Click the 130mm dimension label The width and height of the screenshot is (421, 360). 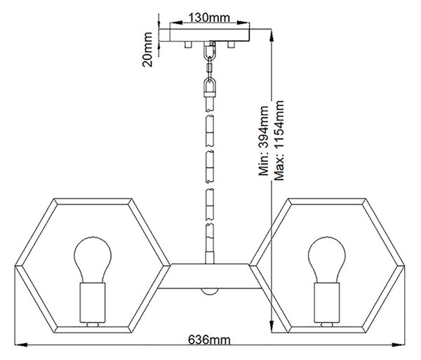coord(209,18)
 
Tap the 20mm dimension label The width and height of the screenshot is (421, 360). coord(147,49)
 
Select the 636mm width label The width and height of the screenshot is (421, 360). coord(209,340)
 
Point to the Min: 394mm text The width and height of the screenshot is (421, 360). coord(263,140)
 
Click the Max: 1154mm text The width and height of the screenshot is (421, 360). coord(279,140)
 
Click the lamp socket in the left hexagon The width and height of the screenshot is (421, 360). coord(93,302)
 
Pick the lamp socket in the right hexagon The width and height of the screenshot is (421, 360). coord(327,302)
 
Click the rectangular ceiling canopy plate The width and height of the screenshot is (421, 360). coord(210,35)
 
